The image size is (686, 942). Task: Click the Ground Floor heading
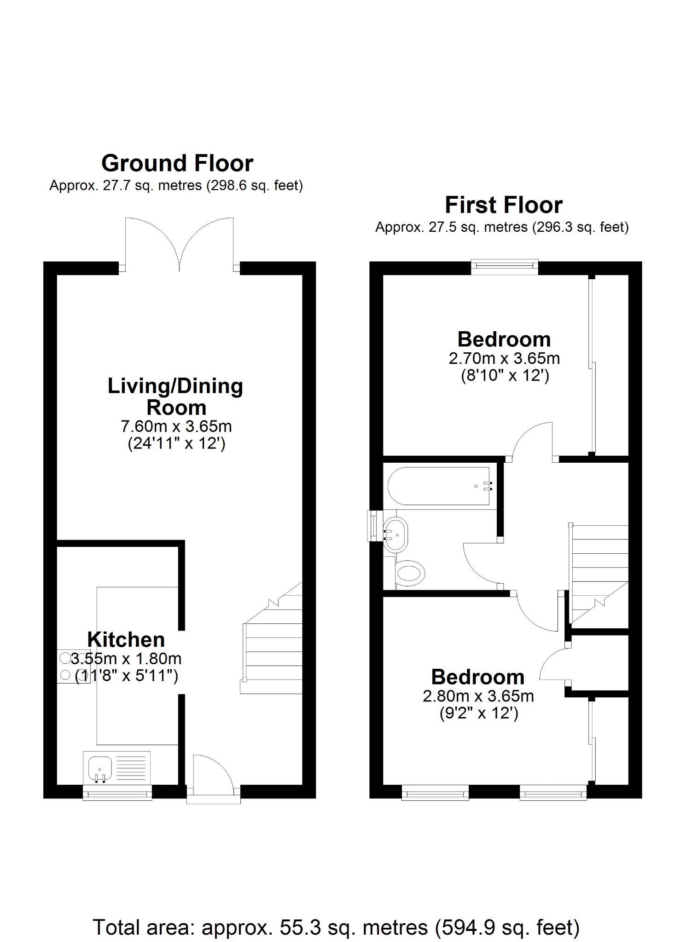coord(177,163)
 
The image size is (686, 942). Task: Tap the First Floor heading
coord(503,205)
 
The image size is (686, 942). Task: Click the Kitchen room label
coord(126,640)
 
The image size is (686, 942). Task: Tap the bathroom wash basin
coord(395,535)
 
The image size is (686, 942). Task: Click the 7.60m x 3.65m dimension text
coord(176,426)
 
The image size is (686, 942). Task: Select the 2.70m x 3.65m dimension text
coord(504,358)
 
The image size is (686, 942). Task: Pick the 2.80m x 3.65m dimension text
coord(478,696)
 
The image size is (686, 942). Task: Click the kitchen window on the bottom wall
coord(117,793)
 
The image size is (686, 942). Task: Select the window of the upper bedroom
coord(505,266)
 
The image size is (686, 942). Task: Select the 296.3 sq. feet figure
coord(580,227)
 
